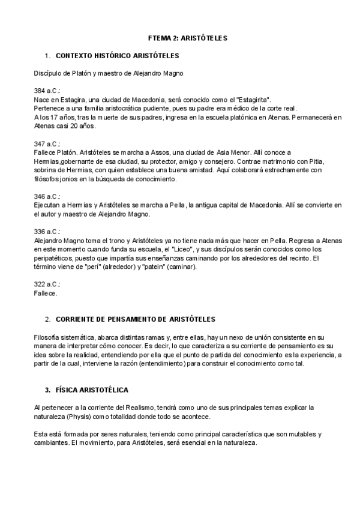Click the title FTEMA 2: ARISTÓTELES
pos(188,37)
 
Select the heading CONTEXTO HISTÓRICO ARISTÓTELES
pos(117,56)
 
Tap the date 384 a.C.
pos(47,90)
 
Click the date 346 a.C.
pos(47,196)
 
